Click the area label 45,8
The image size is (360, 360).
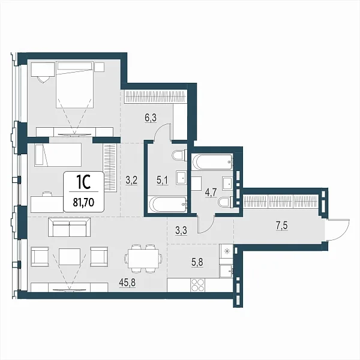(x=127, y=283)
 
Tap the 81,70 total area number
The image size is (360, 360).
(x=83, y=203)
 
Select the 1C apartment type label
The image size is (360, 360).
(x=83, y=182)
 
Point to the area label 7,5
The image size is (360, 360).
(x=282, y=226)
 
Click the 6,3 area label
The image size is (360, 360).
(x=151, y=118)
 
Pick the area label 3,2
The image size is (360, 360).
(x=131, y=180)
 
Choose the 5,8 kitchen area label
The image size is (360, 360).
(x=197, y=262)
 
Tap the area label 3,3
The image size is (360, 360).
(x=181, y=230)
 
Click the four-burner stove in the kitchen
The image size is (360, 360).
(x=197, y=285)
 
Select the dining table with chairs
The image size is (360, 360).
(x=143, y=259)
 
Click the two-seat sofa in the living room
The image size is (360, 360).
(x=69, y=227)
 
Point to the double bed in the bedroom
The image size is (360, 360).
(x=74, y=85)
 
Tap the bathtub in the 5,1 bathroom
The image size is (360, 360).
(x=168, y=204)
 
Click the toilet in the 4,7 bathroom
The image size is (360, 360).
(x=225, y=202)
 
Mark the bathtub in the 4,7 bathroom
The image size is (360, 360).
(x=212, y=162)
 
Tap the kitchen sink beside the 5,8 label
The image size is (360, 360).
(x=226, y=271)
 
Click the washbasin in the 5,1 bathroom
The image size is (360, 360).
(x=182, y=178)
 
